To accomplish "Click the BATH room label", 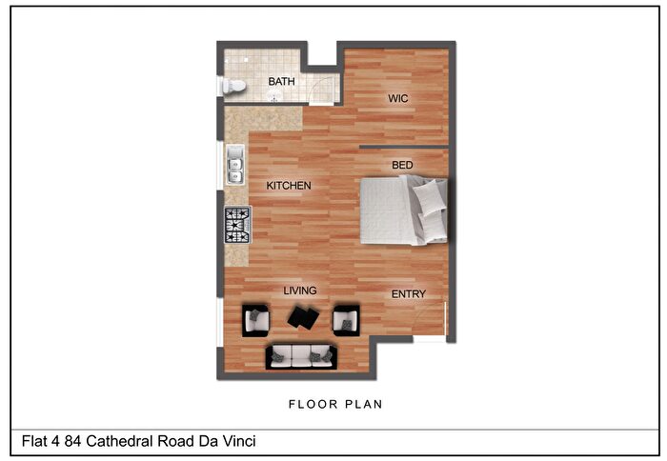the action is click(281, 81).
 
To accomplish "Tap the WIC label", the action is click(397, 99).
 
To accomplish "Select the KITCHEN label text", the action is click(289, 186).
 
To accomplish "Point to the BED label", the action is click(402, 165).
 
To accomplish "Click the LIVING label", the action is click(300, 291).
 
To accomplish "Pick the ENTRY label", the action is click(409, 294).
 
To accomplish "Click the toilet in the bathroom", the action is click(232, 87).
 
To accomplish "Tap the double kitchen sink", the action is click(235, 165).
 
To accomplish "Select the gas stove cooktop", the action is click(238, 225).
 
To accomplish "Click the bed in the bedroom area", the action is click(404, 211).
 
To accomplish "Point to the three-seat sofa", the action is click(301, 357).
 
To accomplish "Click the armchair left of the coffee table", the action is click(255, 321).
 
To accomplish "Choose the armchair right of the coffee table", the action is click(346, 321).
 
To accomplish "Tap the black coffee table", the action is click(303, 317).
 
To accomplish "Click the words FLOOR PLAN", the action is click(335, 404).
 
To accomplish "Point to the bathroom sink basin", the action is click(274, 97).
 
